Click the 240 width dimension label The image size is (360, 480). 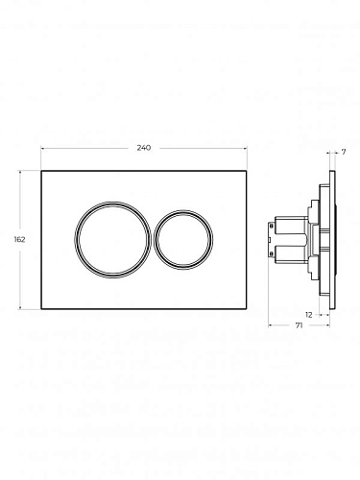click(144, 148)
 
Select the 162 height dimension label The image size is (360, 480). click(19, 239)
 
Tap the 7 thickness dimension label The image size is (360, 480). click(344, 153)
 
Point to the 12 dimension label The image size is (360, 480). click(309, 315)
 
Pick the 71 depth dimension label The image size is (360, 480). click(299, 325)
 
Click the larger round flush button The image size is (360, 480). click(76, 239)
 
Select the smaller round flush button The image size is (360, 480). click(155, 240)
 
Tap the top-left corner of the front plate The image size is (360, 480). click(41, 171)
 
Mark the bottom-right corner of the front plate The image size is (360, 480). click(246, 309)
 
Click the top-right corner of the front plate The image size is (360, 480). click(246, 171)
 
